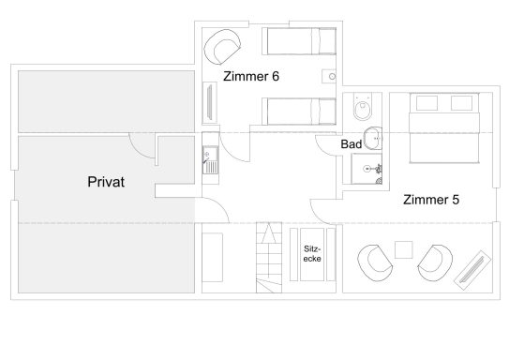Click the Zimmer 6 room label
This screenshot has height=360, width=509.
click(x=251, y=77)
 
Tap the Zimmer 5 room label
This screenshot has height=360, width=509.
click(x=431, y=200)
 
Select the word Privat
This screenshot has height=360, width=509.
click(x=106, y=182)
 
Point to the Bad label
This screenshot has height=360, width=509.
click(x=352, y=144)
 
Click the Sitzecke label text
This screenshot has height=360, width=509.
click(x=312, y=253)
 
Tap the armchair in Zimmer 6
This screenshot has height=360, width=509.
click(x=222, y=47)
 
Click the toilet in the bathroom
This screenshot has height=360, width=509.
click(x=363, y=106)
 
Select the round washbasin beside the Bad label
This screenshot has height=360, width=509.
click(x=373, y=139)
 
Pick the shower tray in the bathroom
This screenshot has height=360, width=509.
click(x=367, y=169)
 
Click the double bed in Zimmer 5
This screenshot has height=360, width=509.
click(x=444, y=127)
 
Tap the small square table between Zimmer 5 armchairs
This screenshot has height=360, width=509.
click(x=403, y=249)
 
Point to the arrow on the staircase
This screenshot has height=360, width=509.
click(x=269, y=233)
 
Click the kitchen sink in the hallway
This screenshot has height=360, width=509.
click(x=210, y=159)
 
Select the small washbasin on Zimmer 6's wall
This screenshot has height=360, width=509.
click(x=329, y=77)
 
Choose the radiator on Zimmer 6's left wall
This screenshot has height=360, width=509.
click(x=210, y=102)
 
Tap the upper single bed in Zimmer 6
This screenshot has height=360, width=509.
click(x=299, y=41)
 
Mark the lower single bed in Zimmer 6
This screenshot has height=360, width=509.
click(x=299, y=112)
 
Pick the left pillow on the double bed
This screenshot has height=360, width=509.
click(x=427, y=103)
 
